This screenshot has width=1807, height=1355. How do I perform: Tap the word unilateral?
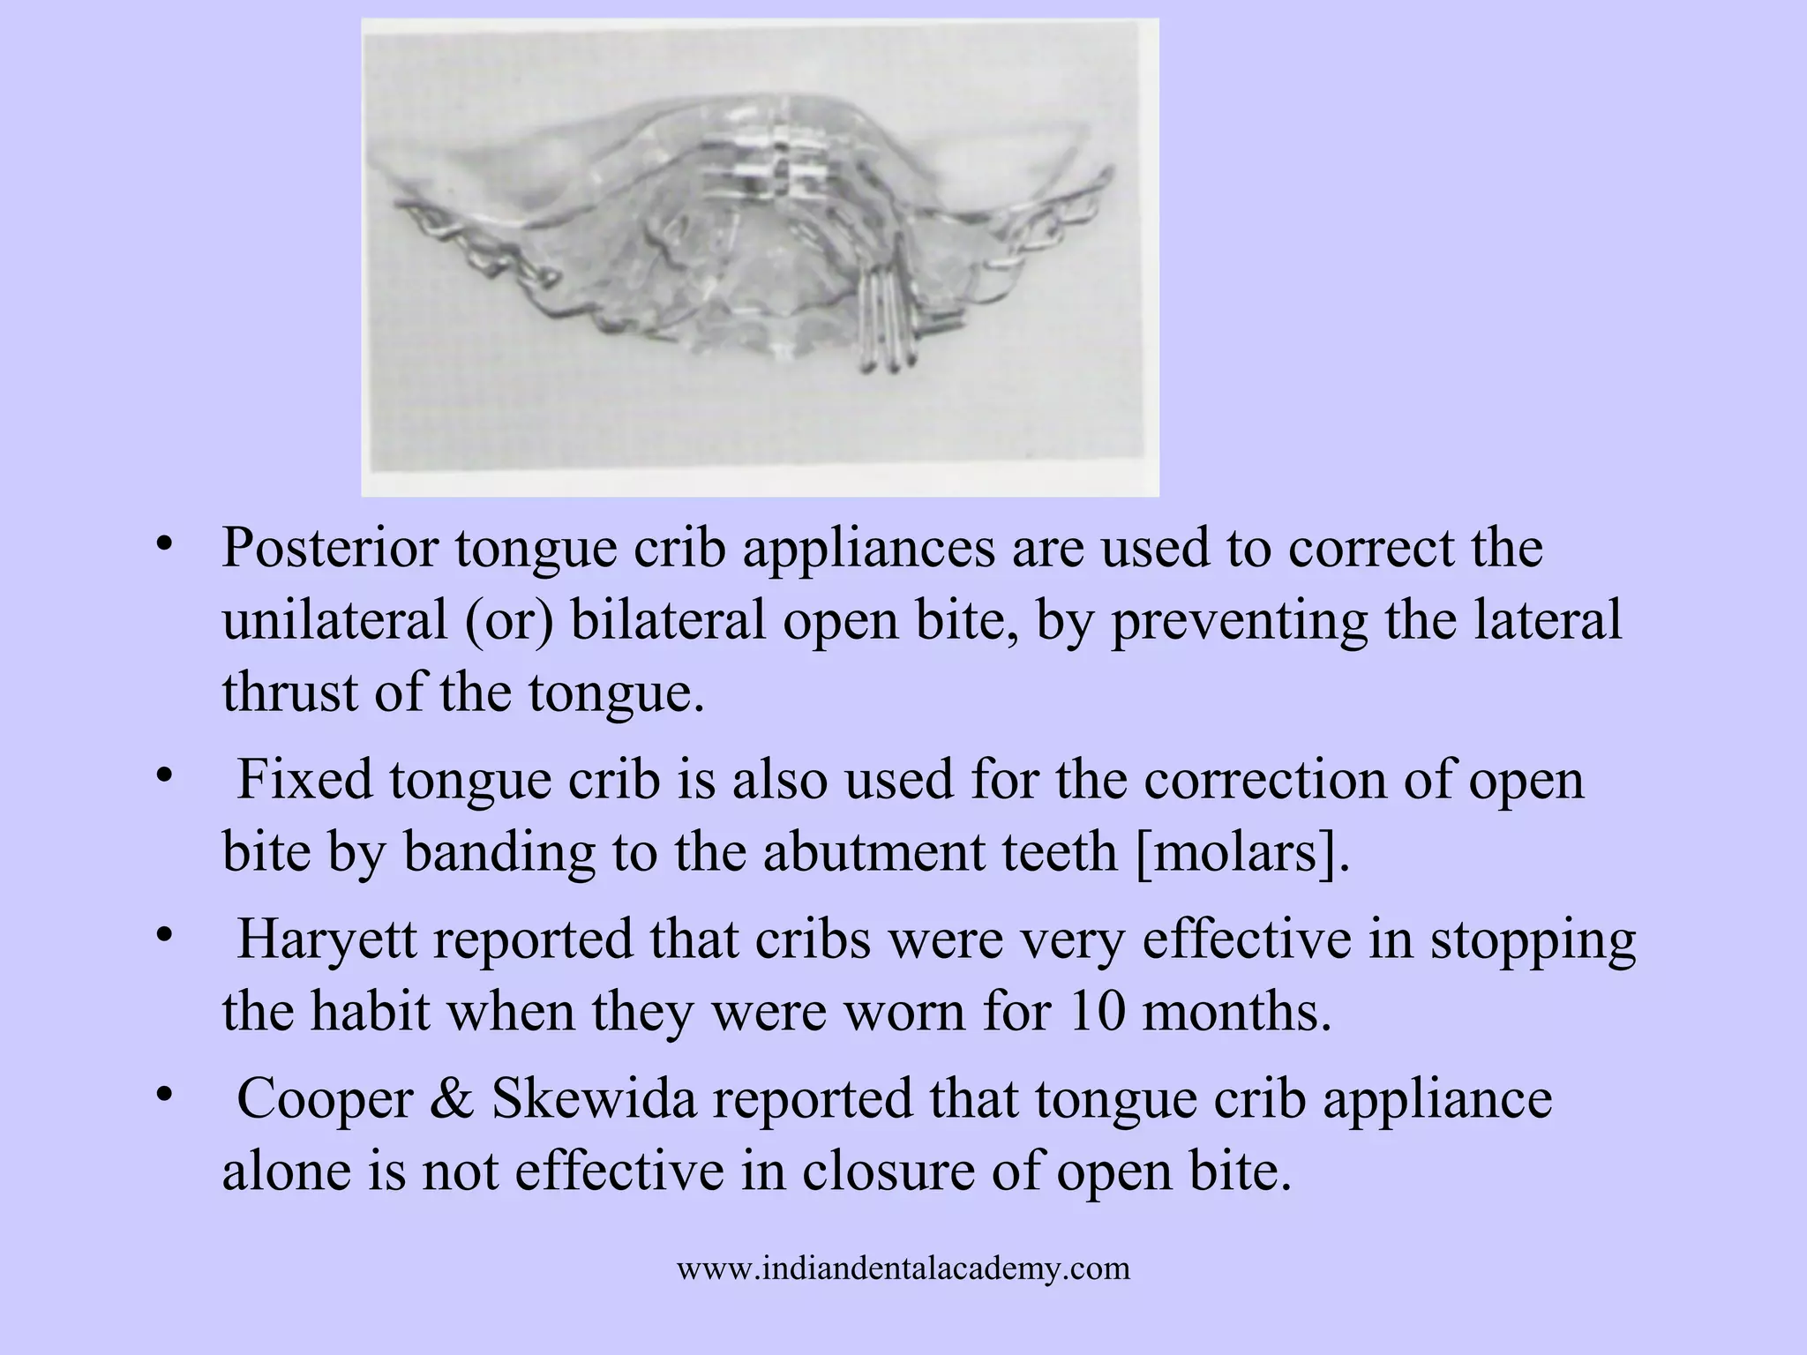334,620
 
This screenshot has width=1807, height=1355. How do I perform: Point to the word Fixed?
304,781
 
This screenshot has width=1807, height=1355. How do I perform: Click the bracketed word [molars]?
1243,853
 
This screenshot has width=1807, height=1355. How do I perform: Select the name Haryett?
326,940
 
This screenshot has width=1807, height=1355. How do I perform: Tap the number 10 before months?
1097,1012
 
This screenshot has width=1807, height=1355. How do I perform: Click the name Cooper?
325,1100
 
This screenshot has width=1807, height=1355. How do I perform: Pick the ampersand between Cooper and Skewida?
452,1100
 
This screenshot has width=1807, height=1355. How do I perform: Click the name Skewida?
594,1100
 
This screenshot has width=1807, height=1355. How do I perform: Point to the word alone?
286,1172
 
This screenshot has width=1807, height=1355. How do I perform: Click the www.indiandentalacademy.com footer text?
903,1269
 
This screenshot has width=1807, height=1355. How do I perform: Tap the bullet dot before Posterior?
162,543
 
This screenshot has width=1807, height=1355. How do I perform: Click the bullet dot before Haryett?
162,935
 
